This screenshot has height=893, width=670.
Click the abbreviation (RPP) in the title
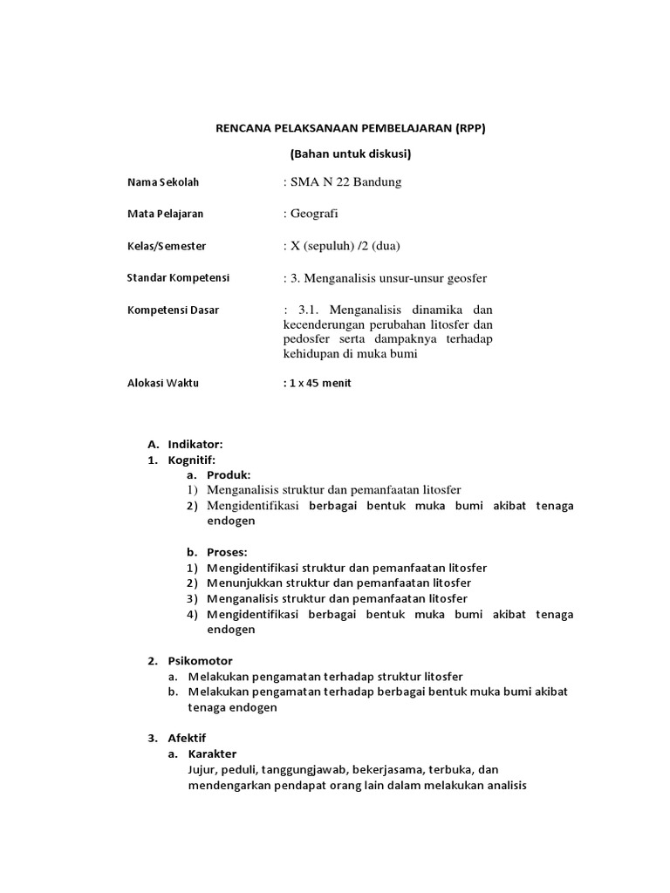pyautogui.click(x=468, y=127)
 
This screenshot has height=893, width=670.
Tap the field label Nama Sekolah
pyautogui.click(x=163, y=182)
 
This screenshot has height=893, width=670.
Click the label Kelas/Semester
pyautogui.click(x=167, y=246)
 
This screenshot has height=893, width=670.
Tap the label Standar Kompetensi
pyautogui.click(x=178, y=277)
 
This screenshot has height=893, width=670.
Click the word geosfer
pyautogui.click(x=463, y=278)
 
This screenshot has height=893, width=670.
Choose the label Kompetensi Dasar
pyautogui.click(x=173, y=310)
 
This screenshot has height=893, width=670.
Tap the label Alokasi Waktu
pyautogui.click(x=163, y=383)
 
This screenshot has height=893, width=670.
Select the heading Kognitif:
pyautogui.click(x=192, y=460)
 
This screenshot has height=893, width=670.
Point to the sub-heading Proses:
pyautogui.click(x=227, y=552)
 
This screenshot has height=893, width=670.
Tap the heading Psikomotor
pyautogui.click(x=201, y=660)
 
